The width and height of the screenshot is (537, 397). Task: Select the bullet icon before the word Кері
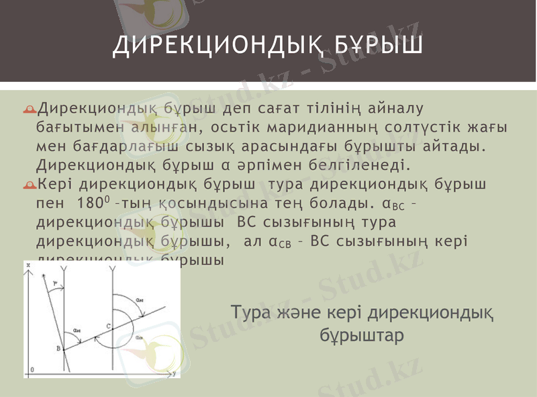coord(32,184)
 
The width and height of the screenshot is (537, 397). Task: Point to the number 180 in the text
coord(90,202)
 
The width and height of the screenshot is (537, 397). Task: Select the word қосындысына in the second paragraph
coord(203,202)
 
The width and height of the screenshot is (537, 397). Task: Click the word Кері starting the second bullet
coord(56,183)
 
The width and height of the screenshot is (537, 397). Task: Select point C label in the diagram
coord(108,326)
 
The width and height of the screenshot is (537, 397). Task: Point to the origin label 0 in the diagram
coord(32,369)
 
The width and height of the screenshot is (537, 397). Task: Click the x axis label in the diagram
coord(29,266)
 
